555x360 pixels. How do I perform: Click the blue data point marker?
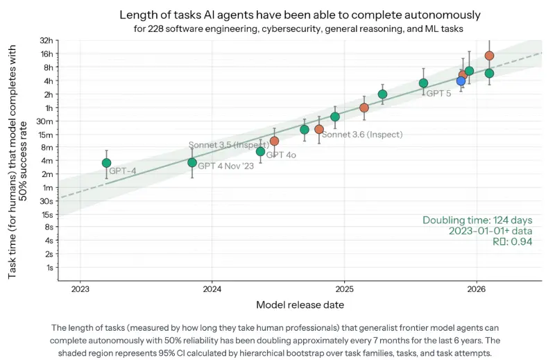pos(461,81)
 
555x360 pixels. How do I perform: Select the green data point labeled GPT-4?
pos(106,163)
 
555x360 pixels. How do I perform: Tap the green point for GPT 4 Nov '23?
pos(192,162)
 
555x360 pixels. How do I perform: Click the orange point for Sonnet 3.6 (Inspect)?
pos(319,129)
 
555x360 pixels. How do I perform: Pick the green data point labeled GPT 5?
pos(423,83)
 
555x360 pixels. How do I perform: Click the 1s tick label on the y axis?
pos(49,268)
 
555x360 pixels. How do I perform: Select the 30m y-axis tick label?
pos(45,121)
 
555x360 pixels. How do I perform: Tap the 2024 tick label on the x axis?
pos(212,289)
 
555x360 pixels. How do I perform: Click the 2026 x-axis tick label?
pos(477,289)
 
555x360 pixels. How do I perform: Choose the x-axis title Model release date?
pos(300,305)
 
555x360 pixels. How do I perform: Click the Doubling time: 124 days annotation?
pos(477,220)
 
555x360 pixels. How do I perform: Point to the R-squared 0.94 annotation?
pos(513,241)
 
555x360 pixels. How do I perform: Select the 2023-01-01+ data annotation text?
pos(490,231)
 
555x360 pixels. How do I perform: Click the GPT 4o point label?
pos(281,155)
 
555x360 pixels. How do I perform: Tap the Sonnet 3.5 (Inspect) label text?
pos(229,145)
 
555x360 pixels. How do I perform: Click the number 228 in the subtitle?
pos(155,28)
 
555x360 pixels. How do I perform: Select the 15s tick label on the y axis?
pos(47,214)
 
